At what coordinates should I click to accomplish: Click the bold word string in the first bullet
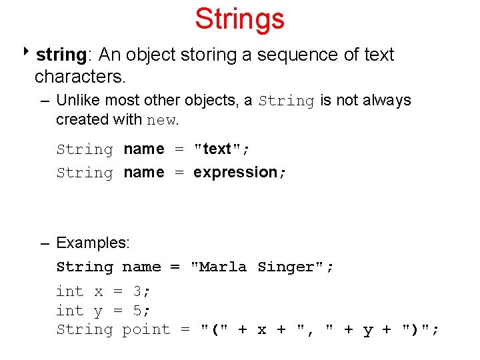pyautogui.click(x=61, y=55)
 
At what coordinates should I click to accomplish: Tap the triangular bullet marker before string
pyautogui.click(x=26, y=51)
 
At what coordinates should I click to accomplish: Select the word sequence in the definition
pyautogui.click(x=297, y=56)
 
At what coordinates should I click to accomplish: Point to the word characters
pyautogui.click(x=79, y=76)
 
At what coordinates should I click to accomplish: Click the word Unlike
pyautogui.click(x=78, y=100)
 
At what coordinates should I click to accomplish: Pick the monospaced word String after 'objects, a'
pyautogui.click(x=286, y=101)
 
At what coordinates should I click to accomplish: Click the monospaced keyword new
pyautogui.click(x=161, y=120)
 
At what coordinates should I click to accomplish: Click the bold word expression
pyautogui.click(x=235, y=173)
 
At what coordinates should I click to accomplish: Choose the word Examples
pyautogui.click(x=92, y=243)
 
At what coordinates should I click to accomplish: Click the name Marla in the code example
pyautogui.click(x=223, y=267)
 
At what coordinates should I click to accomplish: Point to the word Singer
pyautogui.click(x=286, y=267)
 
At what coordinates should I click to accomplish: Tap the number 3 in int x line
pyautogui.click(x=137, y=291)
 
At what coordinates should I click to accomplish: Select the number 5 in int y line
pyautogui.click(x=137, y=311)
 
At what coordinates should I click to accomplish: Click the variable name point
pyautogui.click(x=146, y=330)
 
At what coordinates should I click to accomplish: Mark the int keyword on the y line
pyautogui.click(x=70, y=310)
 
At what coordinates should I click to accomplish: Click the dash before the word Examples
pyautogui.click(x=45, y=244)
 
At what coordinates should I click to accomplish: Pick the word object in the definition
pyautogui.click(x=151, y=56)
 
